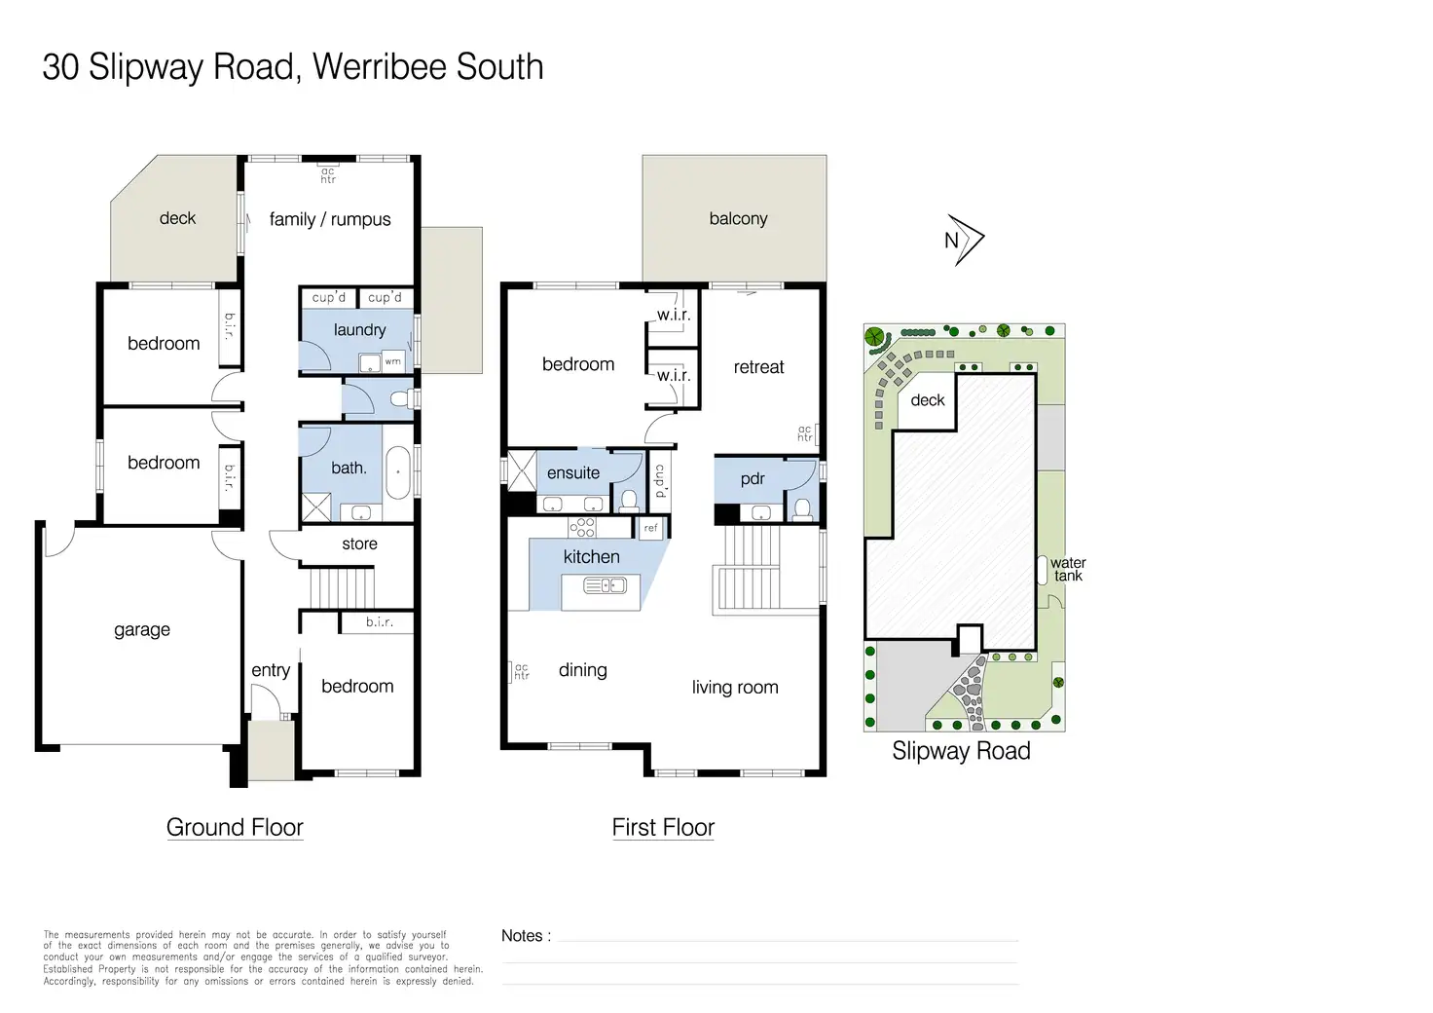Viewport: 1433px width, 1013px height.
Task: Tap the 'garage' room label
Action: coord(142,630)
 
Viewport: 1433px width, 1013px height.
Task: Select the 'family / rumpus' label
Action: coord(330,219)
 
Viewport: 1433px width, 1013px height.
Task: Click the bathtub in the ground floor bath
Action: coord(397,474)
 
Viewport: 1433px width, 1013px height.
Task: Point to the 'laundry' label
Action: coord(359,330)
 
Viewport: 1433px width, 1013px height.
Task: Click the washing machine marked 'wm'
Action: coord(392,361)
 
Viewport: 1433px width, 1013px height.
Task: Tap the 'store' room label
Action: coord(359,544)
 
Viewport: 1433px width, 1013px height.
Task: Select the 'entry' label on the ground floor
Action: coord(271,670)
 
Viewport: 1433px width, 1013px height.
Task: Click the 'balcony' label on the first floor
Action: coord(738,218)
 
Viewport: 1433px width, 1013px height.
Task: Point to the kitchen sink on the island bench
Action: coord(605,585)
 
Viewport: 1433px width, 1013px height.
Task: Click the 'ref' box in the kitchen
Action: coord(651,528)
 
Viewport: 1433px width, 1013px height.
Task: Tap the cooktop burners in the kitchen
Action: coord(582,528)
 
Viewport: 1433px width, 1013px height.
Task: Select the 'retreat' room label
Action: coord(758,367)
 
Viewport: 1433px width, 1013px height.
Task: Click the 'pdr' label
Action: coord(753,478)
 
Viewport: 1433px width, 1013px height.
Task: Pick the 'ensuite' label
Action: coord(573,473)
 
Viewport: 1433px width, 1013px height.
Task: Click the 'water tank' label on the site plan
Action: coord(1068,569)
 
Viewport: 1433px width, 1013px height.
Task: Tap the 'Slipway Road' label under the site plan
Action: coord(961,751)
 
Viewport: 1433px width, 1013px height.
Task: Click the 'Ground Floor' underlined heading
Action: coord(235,827)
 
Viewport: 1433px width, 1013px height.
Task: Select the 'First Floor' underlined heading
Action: coord(663,827)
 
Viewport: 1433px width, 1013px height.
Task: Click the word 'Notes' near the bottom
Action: coord(523,935)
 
